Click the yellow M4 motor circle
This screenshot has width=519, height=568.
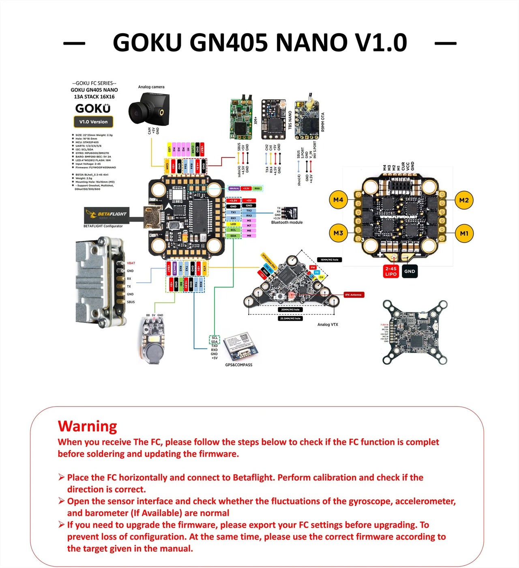[338, 200]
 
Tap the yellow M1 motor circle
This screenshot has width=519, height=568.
[464, 233]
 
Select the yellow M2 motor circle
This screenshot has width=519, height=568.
[464, 200]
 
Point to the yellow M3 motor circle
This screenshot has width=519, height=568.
[338, 233]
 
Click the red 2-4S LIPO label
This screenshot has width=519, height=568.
[391, 271]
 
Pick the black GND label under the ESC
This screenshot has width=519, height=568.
[410, 271]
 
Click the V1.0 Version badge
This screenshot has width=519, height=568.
[93, 122]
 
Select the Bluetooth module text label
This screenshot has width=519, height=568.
[287, 222]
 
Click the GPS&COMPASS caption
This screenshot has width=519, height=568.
[239, 365]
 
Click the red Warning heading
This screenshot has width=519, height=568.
[88, 426]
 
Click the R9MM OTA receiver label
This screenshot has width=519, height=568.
[323, 122]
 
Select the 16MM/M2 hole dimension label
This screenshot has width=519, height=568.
[329, 260]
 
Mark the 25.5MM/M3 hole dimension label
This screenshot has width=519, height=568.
[290, 318]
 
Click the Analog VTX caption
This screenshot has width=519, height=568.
[328, 325]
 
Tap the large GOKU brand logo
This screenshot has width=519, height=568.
[93, 108]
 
